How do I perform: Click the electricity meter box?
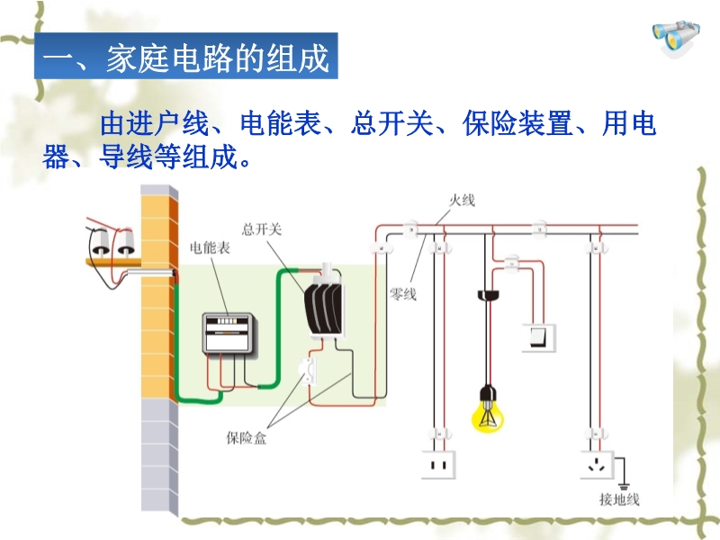pos(229,334)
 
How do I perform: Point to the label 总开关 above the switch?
pos(262,229)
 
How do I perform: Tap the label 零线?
pos(402,293)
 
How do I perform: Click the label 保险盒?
pos(246,438)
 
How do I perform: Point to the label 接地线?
pos(612,499)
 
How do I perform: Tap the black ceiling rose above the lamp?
pos(488,294)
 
